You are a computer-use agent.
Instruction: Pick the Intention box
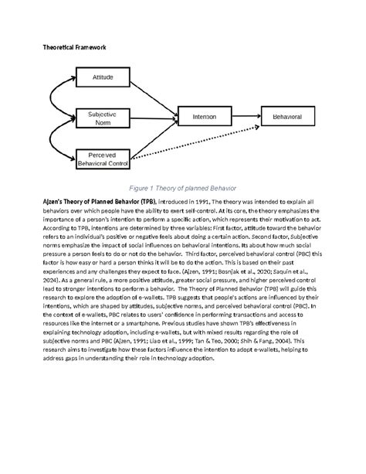click(x=204, y=117)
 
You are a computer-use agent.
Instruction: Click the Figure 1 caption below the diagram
click(x=182, y=188)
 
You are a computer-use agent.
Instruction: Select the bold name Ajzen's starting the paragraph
click(x=56, y=200)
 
